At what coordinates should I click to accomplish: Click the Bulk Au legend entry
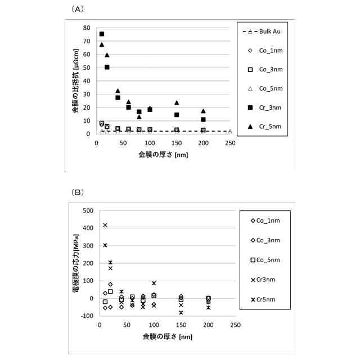(x=262, y=31)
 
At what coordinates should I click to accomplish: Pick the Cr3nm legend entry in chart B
(x=263, y=280)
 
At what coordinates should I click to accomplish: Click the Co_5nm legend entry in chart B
(x=265, y=260)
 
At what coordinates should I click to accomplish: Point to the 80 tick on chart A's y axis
(x=87, y=28)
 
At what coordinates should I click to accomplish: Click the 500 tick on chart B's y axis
(x=88, y=210)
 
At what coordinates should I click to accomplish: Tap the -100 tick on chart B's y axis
(x=87, y=316)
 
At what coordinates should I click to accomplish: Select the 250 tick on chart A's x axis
(x=230, y=143)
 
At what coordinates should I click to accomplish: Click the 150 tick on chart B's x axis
(x=181, y=325)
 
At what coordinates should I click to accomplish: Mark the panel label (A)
(x=78, y=9)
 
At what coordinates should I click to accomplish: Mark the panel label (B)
(x=78, y=192)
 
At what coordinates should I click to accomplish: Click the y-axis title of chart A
(x=75, y=81)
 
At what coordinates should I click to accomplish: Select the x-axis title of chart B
(x=168, y=337)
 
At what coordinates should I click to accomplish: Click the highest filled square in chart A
(x=102, y=34)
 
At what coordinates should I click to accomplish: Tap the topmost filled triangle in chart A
(x=102, y=44)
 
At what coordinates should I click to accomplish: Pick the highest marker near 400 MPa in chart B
(x=105, y=225)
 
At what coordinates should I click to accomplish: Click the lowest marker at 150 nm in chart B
(x=181, y=313)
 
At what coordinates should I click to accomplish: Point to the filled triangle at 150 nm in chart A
(x=177, y=102)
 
